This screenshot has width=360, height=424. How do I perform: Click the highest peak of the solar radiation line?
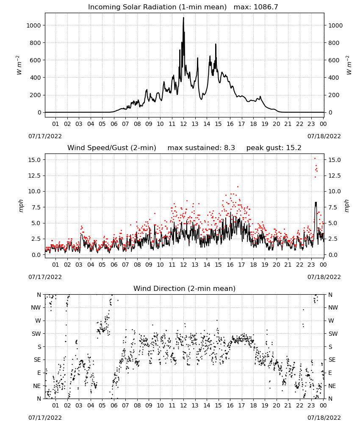(x=184, y=17)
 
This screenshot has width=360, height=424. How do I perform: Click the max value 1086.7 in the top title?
(x=266, y=7)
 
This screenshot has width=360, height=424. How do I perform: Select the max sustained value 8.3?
(x=229, y=148)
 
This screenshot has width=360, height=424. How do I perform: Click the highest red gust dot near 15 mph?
(x=315, y=159)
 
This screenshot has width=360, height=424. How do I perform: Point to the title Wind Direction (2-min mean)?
(x=185, y=288)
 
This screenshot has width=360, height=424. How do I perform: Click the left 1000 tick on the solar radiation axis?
(x=33, y=25)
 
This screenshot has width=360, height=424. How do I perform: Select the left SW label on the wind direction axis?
(x=36, y=334)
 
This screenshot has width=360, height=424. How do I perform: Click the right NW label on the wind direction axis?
(x=333, y=307)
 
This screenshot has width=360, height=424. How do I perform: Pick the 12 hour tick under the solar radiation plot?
(x=184, y=124)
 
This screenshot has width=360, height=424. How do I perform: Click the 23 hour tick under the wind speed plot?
(x=311, y=265)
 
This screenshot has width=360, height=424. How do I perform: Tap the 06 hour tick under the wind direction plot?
(x=114, y=406)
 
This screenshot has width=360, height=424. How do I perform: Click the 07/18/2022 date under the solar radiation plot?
(x=324, y=136)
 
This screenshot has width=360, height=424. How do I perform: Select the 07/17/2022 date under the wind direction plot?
(x=45, y=418)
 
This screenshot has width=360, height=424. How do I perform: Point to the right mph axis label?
(x=347, y=206)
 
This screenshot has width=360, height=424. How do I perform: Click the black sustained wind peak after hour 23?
(x=316, y=202)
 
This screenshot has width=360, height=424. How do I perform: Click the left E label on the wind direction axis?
(x=39, y=373)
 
